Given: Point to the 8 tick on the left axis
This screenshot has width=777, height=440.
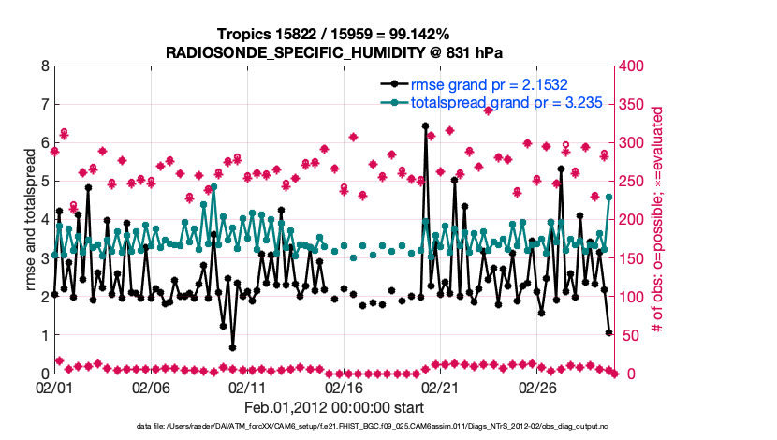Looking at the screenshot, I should point(44,66).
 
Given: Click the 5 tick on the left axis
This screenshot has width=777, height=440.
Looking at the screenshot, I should point(44,182).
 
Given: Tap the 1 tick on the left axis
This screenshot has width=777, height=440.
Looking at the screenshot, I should point(44,335).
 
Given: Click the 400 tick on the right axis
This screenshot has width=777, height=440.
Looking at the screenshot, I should point(635,66).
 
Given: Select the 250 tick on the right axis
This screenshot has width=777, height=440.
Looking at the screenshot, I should point(635,182).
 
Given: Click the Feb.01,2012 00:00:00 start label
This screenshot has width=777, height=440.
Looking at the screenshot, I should point(333,408).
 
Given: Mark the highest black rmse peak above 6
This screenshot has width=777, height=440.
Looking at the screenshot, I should point(426,125).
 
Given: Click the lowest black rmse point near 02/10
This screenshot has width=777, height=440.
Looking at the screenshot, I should point(232,347).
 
